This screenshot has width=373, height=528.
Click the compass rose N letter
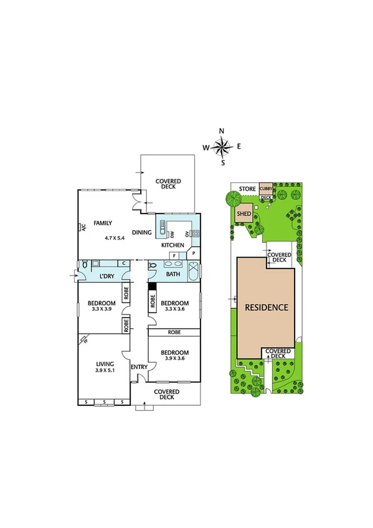(222, 131)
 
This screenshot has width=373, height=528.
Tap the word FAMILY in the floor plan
(103, 222)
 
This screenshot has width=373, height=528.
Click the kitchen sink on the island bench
(163, 232)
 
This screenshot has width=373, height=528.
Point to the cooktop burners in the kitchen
(194, 234)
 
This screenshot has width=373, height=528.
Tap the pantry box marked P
(194, 254)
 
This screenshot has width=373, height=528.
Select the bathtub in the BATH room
(192, 273)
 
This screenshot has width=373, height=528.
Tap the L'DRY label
(108, 276)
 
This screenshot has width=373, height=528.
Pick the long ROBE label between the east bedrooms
(174, 332)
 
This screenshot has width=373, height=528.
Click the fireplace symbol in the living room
(85, 340)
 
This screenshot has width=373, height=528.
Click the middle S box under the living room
(104, 402)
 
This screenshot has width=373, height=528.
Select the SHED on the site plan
(244, 215)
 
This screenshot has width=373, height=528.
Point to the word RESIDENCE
(266, 308)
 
